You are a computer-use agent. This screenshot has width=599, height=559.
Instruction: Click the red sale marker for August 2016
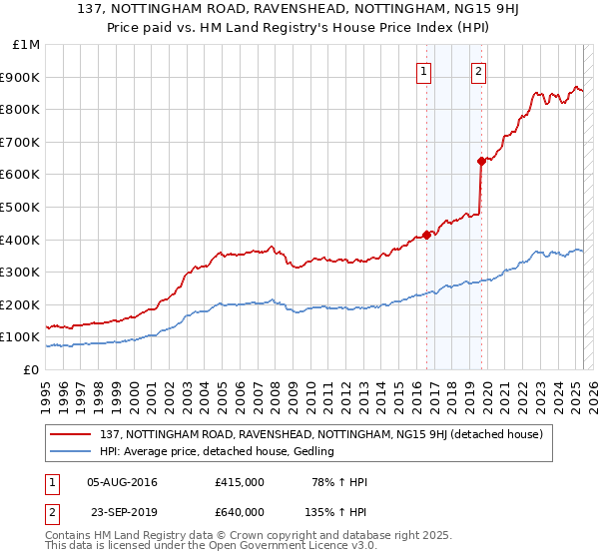click(426, 235)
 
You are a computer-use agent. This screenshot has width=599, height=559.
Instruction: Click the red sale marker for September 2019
click(481, 161)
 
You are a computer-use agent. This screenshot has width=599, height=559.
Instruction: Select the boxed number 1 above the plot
click(424, 71)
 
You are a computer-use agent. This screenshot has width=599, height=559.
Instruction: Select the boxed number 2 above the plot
click(479, 71)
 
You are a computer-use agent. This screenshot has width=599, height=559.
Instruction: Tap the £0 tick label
click(31, 369)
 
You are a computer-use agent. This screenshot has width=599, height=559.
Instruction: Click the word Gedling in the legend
click(311, 452)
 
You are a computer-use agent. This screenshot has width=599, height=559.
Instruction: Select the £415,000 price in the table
click(239, 482)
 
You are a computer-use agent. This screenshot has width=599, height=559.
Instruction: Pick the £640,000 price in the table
click(239, 512)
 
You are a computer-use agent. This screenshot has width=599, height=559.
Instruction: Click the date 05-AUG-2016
click(123, 482)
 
